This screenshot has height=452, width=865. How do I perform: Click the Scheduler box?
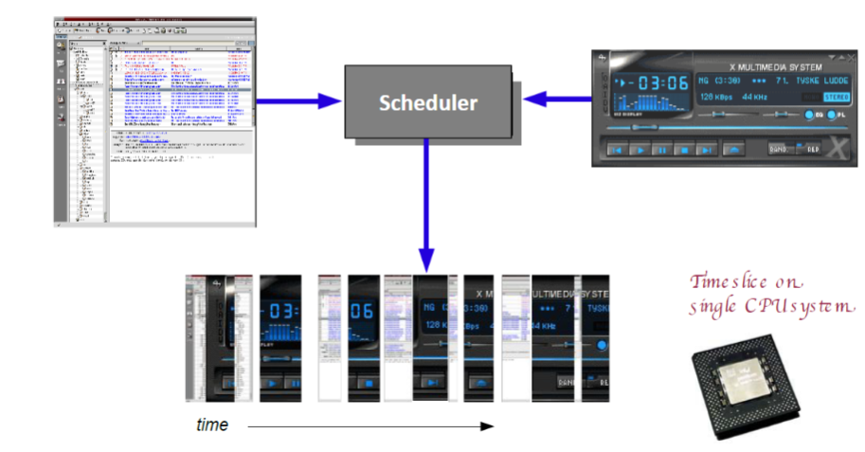(429, 102)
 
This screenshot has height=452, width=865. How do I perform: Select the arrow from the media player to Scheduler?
(563, 95)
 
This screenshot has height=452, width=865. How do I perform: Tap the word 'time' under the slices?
(211, 425)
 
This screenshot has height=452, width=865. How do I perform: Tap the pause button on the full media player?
(661, 149)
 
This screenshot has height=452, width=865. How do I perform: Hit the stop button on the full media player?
(683, 149)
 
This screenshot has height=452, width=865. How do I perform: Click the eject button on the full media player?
(732, 149)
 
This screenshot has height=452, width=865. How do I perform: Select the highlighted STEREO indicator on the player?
(836, 97)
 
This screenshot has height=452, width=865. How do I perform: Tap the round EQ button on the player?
(810, 116)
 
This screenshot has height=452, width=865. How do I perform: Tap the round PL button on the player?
(832, 116)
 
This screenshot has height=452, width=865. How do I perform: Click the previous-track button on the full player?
(617, 149)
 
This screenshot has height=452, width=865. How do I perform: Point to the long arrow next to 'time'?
(369, 426)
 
